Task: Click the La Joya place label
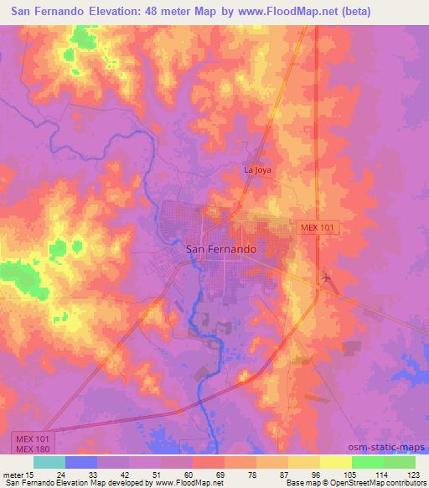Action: (x=257, y=169)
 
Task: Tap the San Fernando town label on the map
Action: (x=220, y=249)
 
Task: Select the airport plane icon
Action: (x=325, y=277)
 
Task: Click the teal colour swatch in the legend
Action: (x=49, y=461)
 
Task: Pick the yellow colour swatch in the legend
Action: (x=335, y=461)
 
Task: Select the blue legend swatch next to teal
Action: (x=81, y=461)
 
